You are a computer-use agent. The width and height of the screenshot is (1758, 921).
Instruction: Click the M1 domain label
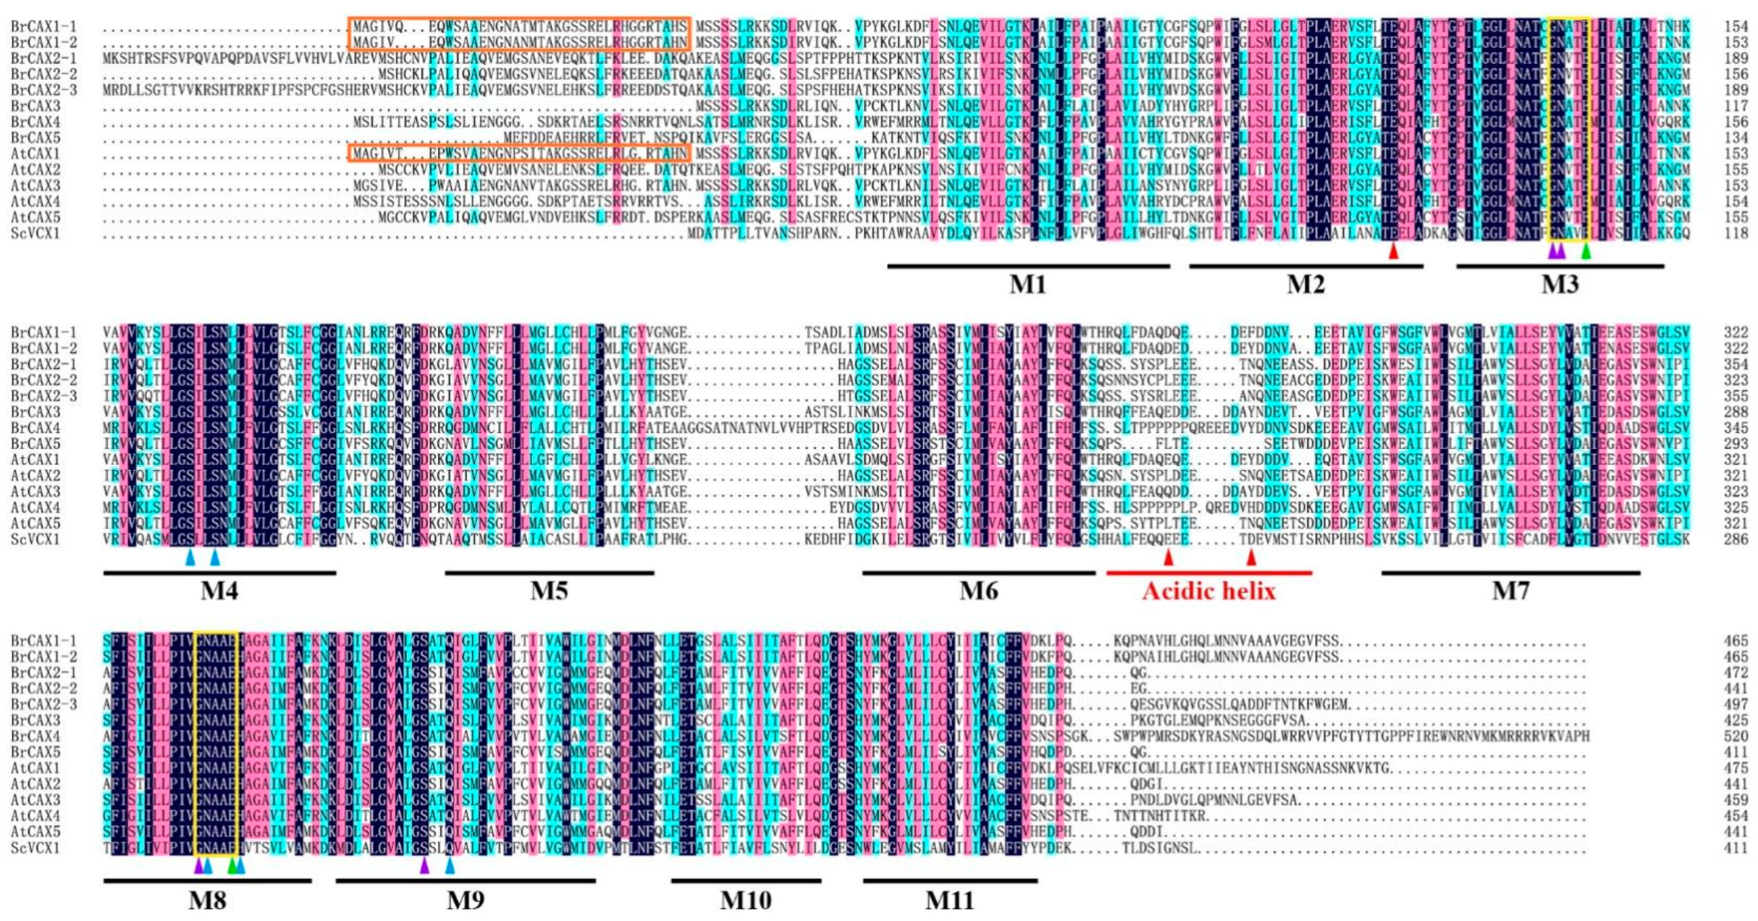[x=1027, y=284]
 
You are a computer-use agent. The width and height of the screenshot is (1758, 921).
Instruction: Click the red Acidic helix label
[x=1209, y=591]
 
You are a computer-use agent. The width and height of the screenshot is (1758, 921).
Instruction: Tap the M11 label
[x=949, y=901]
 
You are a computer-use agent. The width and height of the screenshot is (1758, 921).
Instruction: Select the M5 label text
[x=549, y=591]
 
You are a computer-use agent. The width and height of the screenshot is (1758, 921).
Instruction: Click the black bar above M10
[x=746, y=881]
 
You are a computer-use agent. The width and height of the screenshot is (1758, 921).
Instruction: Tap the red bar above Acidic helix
[x=1209, y=573]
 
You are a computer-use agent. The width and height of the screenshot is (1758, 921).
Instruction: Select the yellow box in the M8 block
[x=216, y=743]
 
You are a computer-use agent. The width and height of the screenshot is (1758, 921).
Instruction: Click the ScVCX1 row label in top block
[x=35, y=233]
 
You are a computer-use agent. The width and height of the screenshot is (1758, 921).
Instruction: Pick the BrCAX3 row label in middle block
[x=35, y=412]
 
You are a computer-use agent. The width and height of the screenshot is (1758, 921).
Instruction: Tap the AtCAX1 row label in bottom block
[x=35, y=768]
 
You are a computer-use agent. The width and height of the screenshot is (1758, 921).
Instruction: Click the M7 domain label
[x=1510, y=591]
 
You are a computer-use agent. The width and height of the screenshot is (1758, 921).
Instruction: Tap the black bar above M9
[x=465, y=881]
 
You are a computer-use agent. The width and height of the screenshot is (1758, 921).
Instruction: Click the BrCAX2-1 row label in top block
[x=43, y=58]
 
